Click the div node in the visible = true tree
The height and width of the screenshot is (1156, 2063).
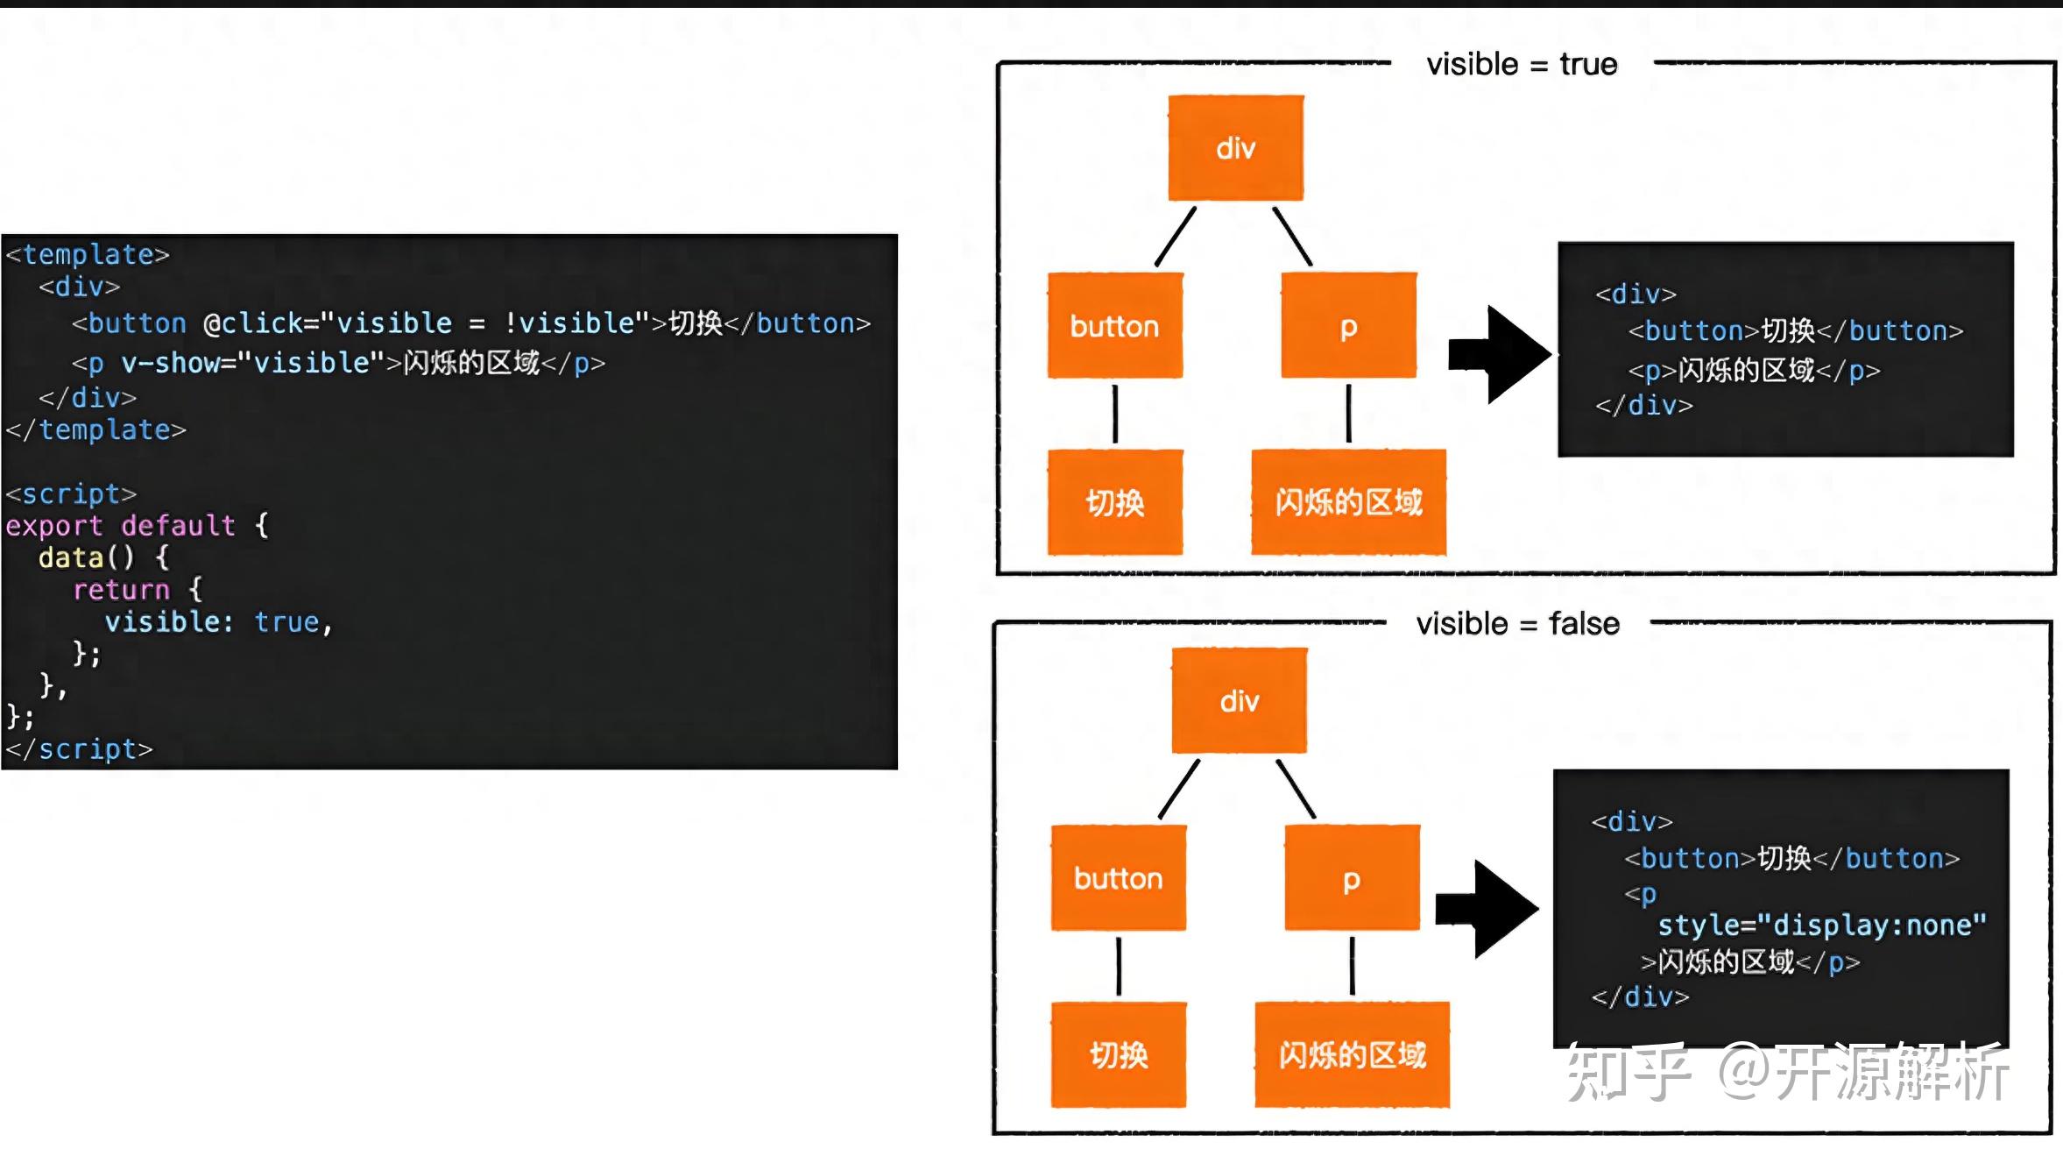pos(1235,147)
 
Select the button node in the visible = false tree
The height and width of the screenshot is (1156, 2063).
pos(1119,877)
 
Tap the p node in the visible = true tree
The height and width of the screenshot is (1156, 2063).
pos(1348,325)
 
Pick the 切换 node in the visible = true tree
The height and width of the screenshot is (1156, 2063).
pos(1115,502)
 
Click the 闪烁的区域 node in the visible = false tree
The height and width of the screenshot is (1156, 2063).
pos(1352,1054)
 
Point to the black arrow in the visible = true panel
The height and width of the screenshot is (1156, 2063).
pos(1499,355)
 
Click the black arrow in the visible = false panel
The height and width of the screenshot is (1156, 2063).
pos(1487,909)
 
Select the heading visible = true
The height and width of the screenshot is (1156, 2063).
pos(1522,64)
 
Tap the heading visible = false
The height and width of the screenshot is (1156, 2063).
pos(1517,623)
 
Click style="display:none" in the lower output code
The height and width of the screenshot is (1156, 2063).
pos(1822,926)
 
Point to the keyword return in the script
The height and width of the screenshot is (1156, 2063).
pos(121,590)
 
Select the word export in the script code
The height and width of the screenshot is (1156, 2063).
pos(54,526)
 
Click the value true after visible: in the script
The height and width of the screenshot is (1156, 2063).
pos(286,621)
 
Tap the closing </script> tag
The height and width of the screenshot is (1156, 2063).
pos(79,749)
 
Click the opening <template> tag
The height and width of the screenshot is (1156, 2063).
pos(88,254)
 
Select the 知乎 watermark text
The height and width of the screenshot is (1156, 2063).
pos(1628,1072)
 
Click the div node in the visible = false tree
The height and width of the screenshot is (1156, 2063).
pos(1240,700)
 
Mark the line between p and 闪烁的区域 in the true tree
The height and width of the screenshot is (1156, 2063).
pos(1348,413)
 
